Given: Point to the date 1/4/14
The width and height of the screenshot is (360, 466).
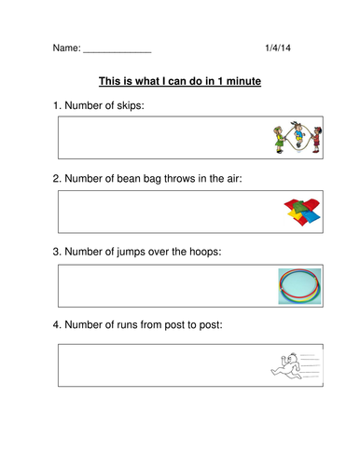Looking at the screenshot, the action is [x=280, y=46].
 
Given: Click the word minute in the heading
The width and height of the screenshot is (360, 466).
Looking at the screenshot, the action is [x=241, y=82].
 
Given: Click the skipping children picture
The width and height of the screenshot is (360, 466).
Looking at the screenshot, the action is [x=297, y=138].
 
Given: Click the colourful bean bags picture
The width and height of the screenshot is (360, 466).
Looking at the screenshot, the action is [x=302, y=213].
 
